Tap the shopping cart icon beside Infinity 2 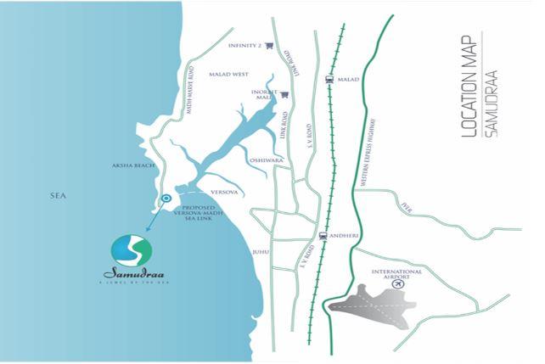click(x=269, y=46)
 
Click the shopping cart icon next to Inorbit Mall click(x=285, y=95)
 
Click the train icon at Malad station click(x=329, y=79)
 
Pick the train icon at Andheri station click(x=323, y=236)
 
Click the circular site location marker click(x=166, y=199)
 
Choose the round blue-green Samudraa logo click(x=132, y=251)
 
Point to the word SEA click(x=58, y=196)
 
